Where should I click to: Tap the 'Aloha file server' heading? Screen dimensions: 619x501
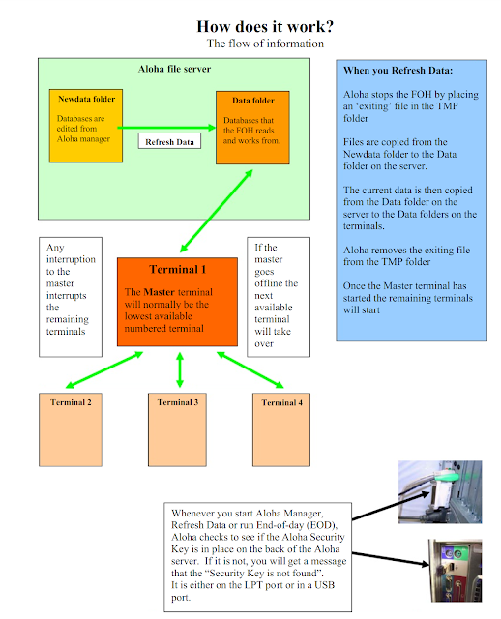tap(174, 69)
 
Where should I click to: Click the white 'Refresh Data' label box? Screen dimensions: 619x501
tap(170, 142)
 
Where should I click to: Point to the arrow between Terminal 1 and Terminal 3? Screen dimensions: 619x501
tap(180, 369)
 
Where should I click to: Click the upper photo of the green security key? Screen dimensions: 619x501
tap(442, 491)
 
